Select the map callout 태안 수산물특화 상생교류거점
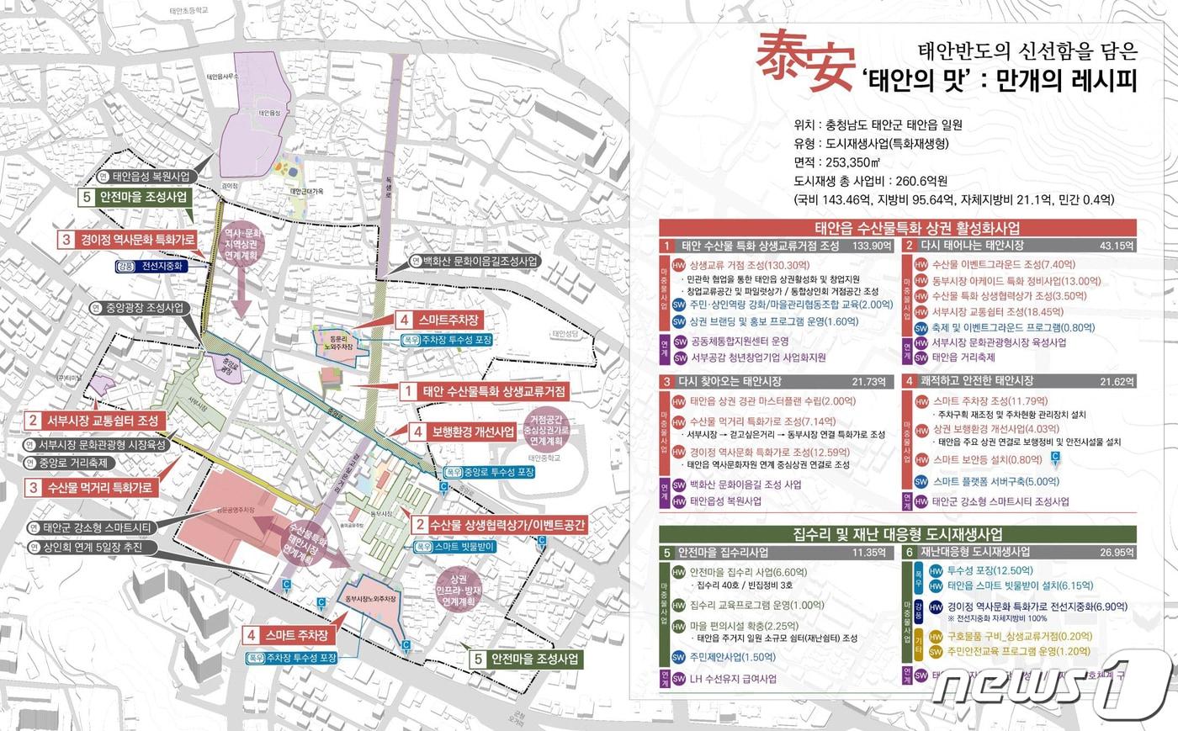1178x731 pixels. click(484, 391)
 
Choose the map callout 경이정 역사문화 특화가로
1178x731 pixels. click(127, 240)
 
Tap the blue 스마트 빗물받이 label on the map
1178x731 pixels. click(454, 547)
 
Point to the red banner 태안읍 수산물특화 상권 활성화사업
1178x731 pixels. click(897, 228)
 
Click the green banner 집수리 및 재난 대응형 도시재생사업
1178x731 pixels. click(897, 534)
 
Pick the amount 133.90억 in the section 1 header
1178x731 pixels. click(871, 246)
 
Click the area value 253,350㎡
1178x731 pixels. click(849, 162)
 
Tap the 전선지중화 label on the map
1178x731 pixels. click(160, 266)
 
